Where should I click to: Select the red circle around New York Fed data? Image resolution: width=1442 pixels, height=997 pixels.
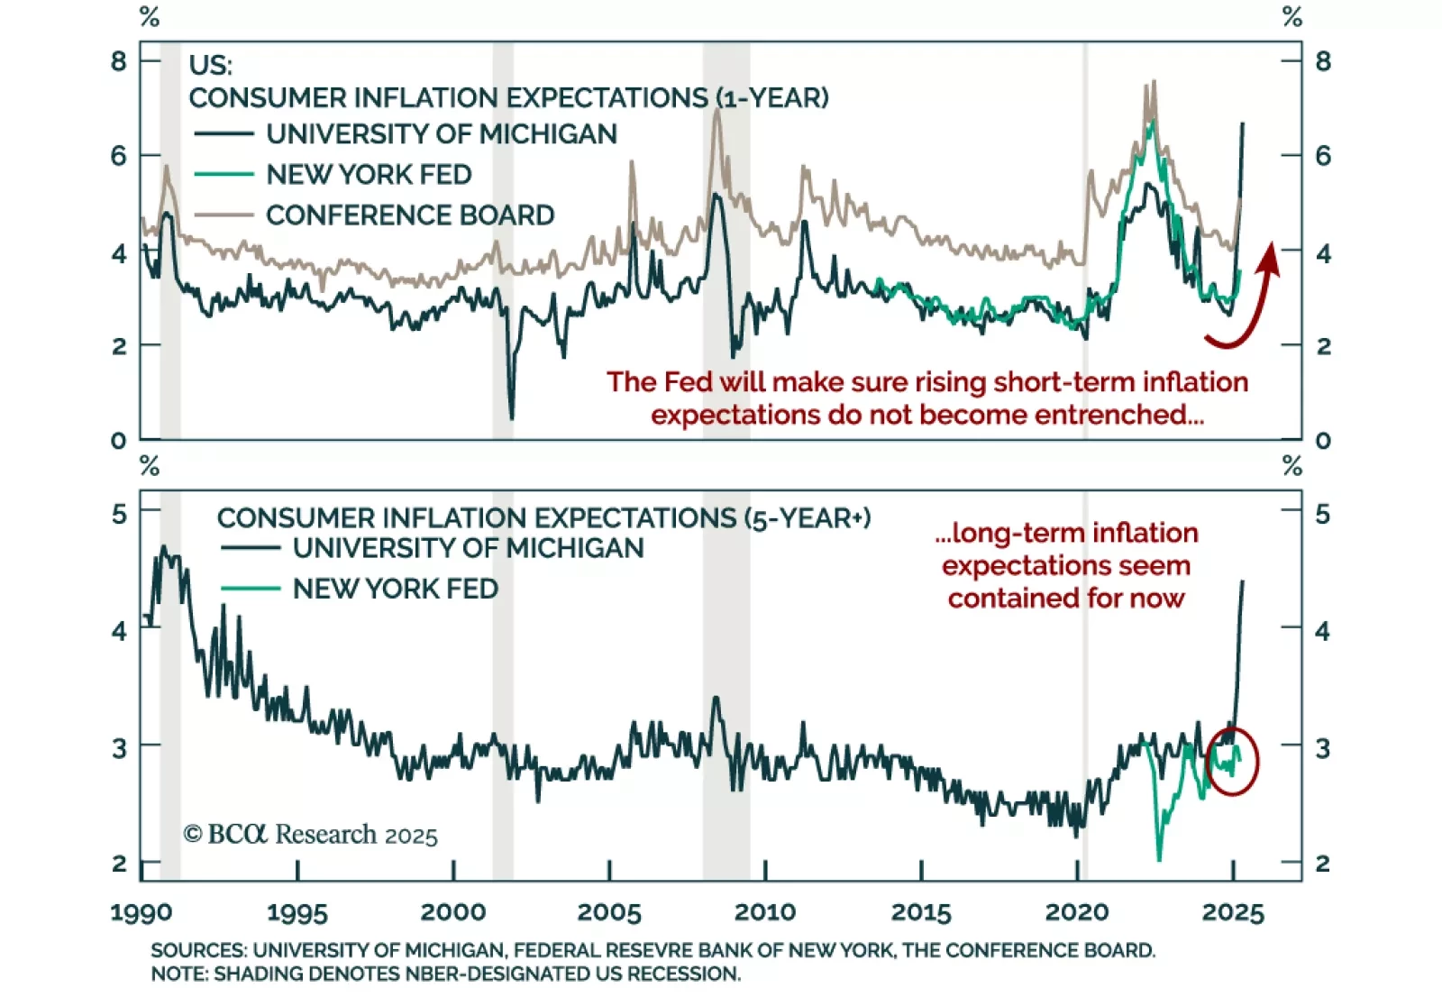[x=1231, y=761]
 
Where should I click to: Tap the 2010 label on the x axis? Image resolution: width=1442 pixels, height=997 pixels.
[x=765, y=912]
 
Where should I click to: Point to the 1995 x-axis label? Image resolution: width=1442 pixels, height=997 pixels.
[x=297, y=912]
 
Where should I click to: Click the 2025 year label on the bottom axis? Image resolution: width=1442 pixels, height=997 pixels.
[x=1233, y=912]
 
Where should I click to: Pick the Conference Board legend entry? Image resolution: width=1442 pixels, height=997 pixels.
[x=410, y=215]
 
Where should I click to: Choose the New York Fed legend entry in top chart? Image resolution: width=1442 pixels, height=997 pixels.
[x=369, y=174]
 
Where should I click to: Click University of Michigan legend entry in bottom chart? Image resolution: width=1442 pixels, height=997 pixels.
[x=468, y=548]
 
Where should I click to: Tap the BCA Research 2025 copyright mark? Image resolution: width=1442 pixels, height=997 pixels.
[x=311, y=834]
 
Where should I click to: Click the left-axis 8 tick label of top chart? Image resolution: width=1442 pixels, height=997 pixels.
[x=119, y=61]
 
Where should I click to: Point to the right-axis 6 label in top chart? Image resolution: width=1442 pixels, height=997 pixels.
[x=1322, y=156]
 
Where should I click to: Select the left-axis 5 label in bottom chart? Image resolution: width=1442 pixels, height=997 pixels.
[x=119, y=515]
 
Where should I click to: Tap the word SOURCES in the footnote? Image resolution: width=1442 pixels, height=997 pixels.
[x=198, y=950]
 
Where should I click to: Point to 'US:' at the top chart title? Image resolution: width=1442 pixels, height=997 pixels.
[x=211, y=65]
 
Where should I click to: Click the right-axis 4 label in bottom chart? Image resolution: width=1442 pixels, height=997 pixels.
[x=1322, y=631]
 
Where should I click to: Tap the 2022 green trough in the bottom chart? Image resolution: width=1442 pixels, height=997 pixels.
[x=1159, y=856]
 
